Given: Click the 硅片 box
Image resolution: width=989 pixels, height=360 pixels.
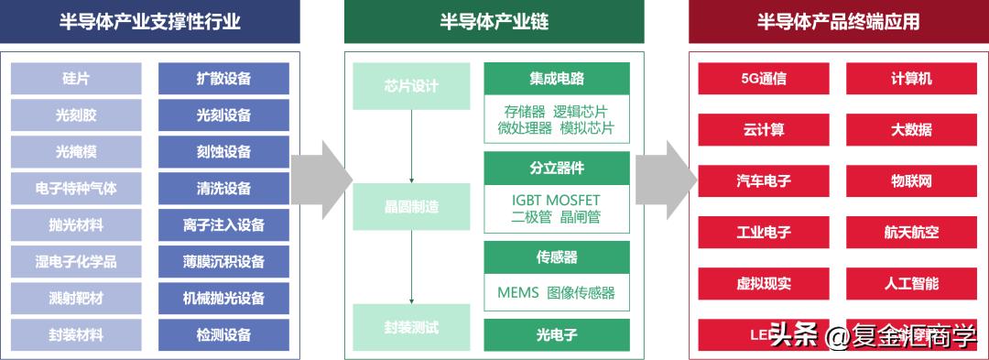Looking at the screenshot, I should click(76, 79).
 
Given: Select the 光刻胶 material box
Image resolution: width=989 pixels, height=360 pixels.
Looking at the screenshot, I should click(76, 115).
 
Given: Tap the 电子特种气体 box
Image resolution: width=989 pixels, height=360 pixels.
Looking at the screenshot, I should click(76, 189).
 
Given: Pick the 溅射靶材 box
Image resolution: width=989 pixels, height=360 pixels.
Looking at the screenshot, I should click(76, 299).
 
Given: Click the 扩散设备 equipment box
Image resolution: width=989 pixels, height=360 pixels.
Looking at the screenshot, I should click(223, 79).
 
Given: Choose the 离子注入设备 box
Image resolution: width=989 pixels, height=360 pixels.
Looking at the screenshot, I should click(223, 225).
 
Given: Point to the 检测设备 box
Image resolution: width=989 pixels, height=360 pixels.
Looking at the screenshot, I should click(223, 335).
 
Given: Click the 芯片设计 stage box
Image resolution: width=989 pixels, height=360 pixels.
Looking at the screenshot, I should click(411, 86).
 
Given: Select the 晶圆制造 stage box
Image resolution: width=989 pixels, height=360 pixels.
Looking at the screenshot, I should click(411, 206).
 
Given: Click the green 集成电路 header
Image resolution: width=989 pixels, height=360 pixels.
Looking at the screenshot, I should click(557, 79).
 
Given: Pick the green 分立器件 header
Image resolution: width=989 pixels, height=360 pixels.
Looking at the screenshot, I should click(557, 169).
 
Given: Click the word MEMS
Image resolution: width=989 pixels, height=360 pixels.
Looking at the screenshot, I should click(517, 293).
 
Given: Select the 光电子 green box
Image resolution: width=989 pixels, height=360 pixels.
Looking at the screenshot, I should click(557, 334).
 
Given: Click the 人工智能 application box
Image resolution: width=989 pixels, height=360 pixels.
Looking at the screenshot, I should click(911, 284).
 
